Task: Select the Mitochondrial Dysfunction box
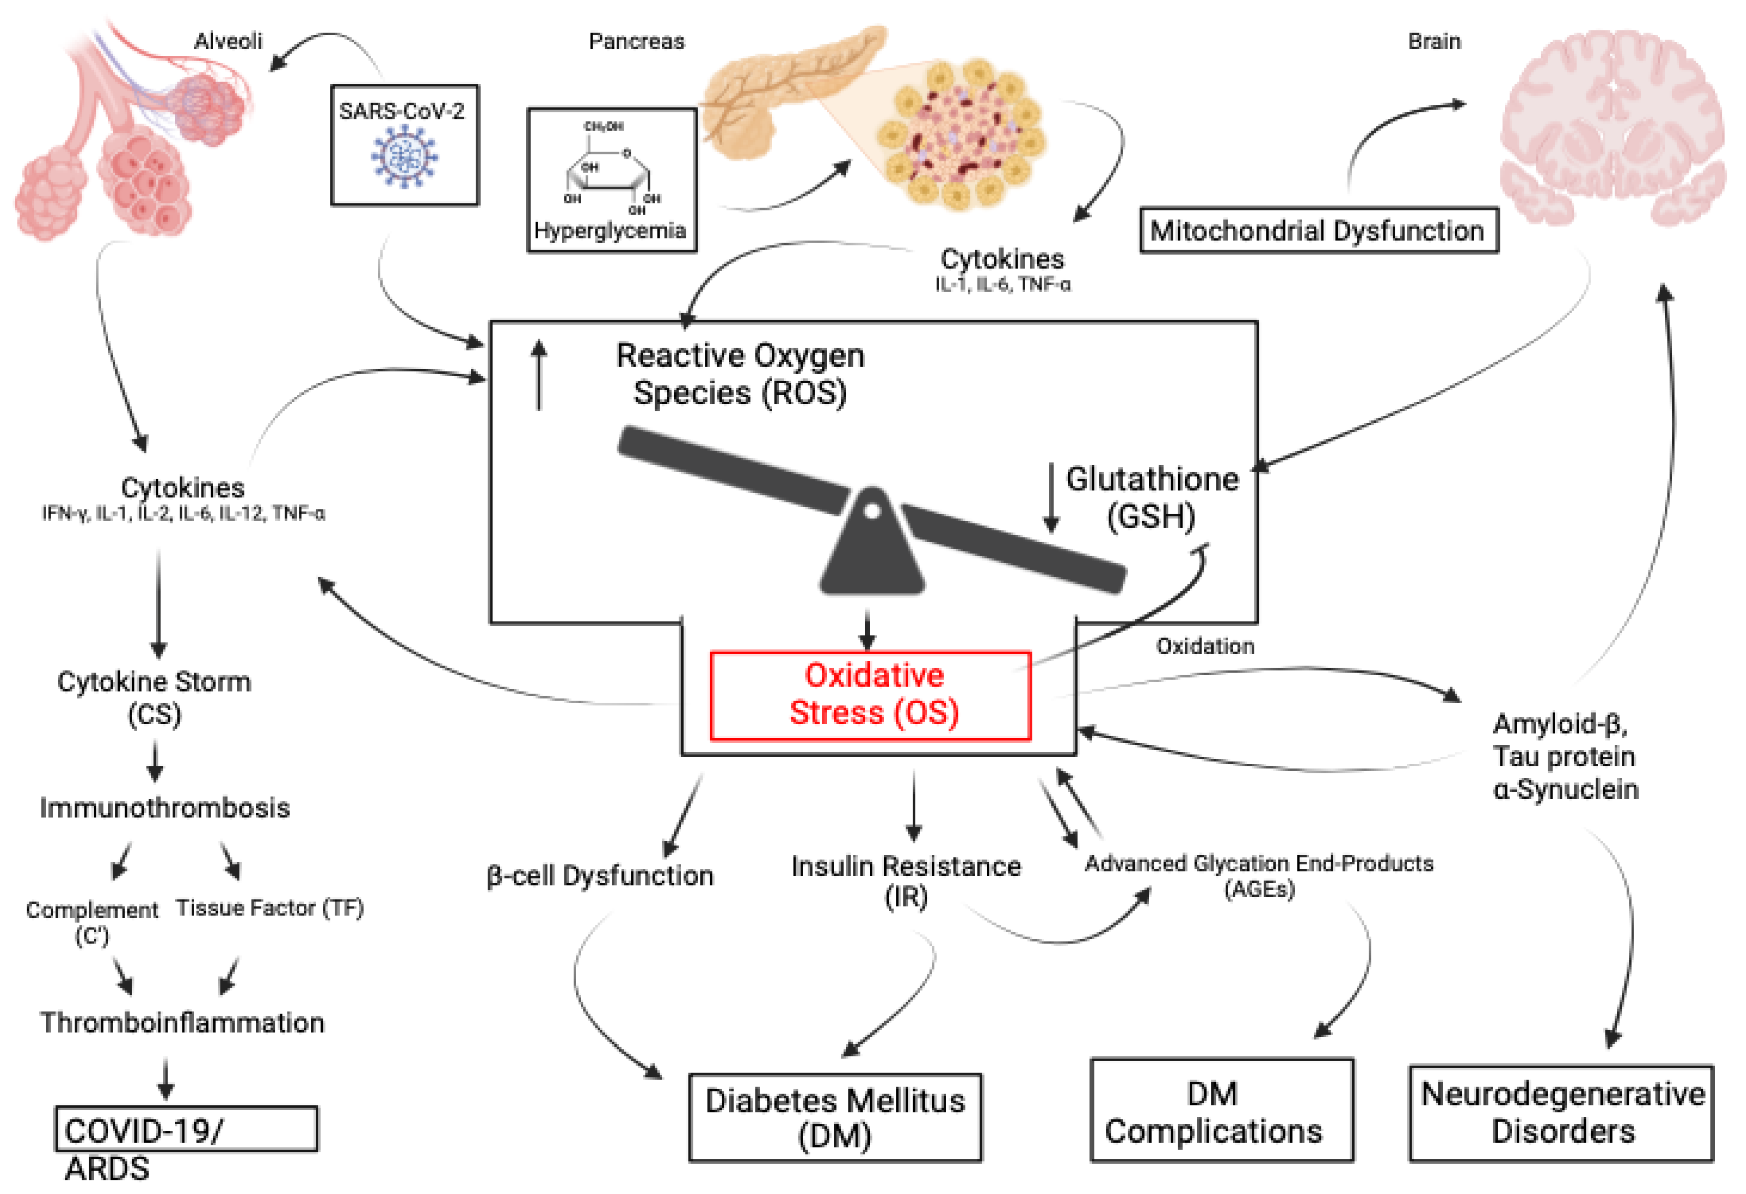[x=1319, y=230]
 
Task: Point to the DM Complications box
[x=1221, y=1110]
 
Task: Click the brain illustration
[x=1612, y=128]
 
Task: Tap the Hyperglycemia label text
[x=610, y=230]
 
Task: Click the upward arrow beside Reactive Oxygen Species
[x=538, y=376]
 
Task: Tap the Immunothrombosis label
[x=165, y=808]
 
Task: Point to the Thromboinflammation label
[x=182, y=1023]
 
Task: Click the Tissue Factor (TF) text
[x=269, y=908]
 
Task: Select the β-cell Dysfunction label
[x=600, y=875]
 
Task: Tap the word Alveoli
[x=228, y=42]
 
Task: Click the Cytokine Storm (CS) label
[x=154, y=697]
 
